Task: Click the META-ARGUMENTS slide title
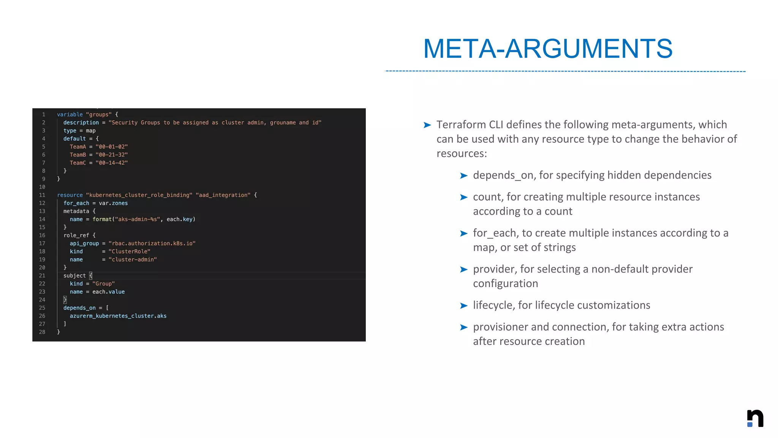point(547,49)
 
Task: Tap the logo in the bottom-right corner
point(755,418)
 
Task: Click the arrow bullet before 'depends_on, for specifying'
point(463,176)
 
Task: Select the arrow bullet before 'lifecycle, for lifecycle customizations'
point(463,306)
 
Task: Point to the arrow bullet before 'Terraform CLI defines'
point(427,125)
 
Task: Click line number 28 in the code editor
point(42,332)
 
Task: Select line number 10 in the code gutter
point(42,187)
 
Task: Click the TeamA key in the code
point(78,147)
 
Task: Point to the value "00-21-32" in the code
point(112,155)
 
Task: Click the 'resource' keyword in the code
point(70,195)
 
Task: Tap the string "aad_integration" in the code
point(223,195)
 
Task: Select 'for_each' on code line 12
point(76,203)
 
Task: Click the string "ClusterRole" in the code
point(129,251)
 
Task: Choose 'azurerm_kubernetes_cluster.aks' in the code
point(118,316)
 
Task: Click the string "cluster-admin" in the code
point(132,260)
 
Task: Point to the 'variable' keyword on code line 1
point(70,114)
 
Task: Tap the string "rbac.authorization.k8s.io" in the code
point(152,243)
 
